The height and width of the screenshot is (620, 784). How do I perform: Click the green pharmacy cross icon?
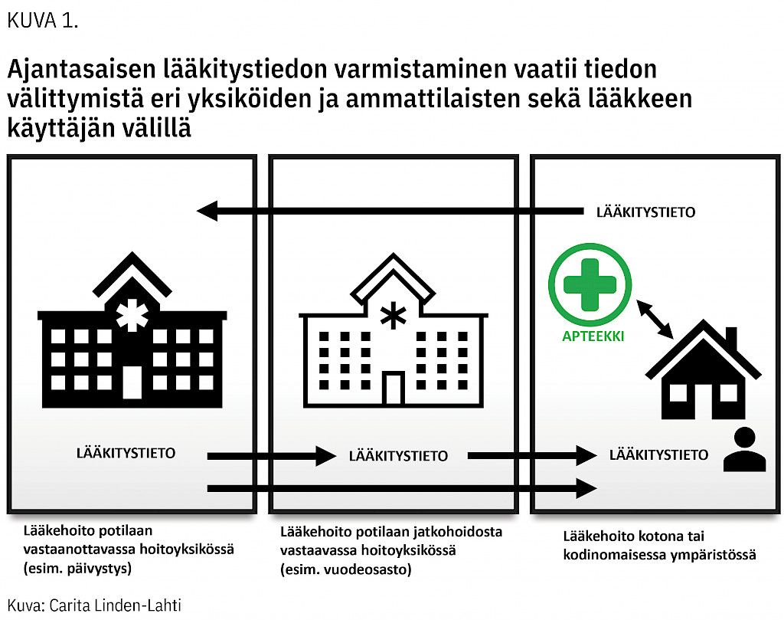(x=590, y=284)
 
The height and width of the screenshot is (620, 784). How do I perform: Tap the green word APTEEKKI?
(x=593, y=336)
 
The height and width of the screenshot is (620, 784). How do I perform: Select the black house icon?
(x=704, y=369)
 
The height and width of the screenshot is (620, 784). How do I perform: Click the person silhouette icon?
(x=744, y=449)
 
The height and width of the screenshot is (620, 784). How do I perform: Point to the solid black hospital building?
(x=132, y=330)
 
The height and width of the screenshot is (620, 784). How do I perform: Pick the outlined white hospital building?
(x=394, y=330)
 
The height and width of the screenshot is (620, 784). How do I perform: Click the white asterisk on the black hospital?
(x=132, y=315)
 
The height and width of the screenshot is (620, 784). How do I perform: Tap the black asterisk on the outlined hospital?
(x=394, y=315)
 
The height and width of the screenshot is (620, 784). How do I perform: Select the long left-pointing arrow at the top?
(x=390, y=212)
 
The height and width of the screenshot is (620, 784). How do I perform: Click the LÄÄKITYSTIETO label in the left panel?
(x=126, y=454)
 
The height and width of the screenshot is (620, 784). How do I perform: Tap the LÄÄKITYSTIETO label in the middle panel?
(x=398, y=456)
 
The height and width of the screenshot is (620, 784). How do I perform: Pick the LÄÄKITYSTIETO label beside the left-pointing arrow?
(x=645, y=212)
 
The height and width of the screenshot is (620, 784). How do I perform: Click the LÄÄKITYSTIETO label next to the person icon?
(x=658, y=455)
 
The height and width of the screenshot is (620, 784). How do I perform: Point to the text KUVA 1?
(x=43, y=21)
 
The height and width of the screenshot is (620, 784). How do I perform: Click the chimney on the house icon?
(x=731, y=338)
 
